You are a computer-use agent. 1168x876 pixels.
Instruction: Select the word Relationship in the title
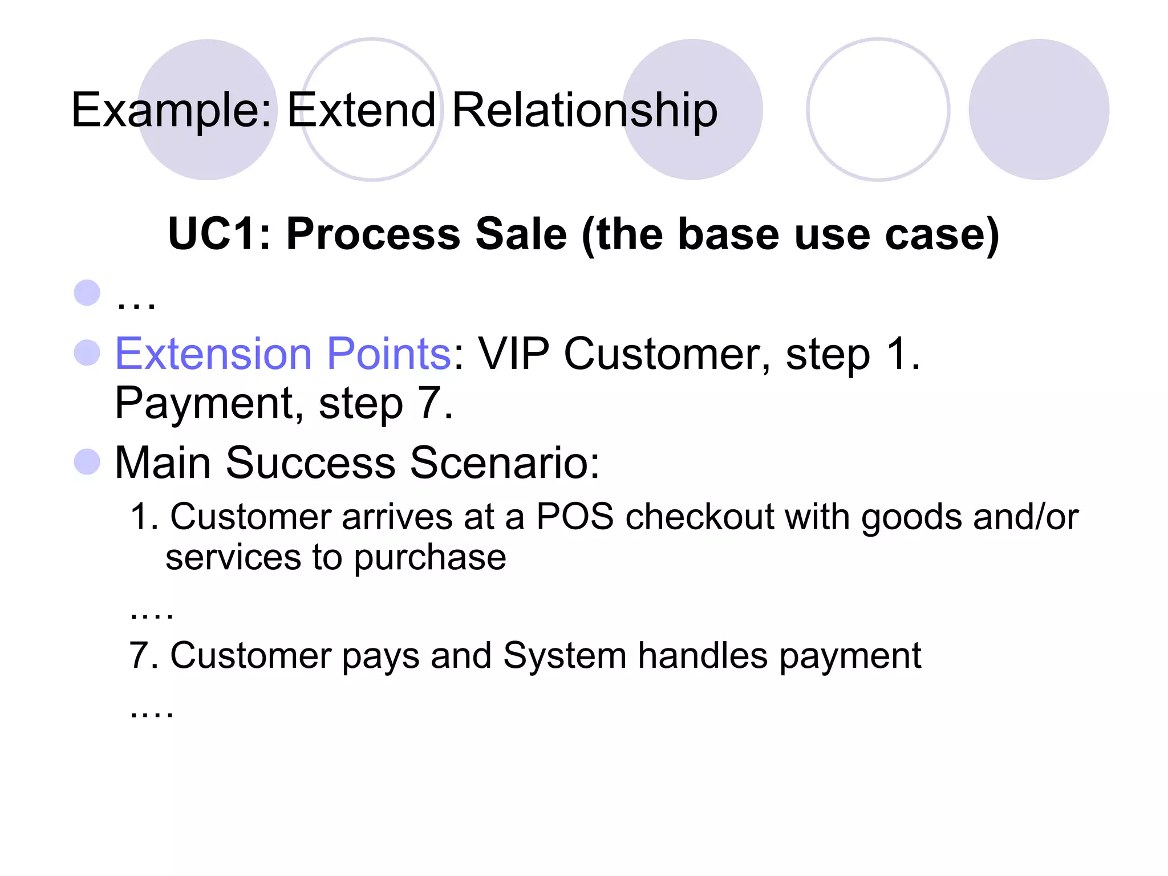(x=585, y=110)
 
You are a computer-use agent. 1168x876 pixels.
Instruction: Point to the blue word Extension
(x=213, y=354)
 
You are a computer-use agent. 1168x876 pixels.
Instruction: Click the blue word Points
(x=390, y=354)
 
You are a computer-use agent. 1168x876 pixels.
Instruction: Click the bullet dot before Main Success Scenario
(x=87, y=461)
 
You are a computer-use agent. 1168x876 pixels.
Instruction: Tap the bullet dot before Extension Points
(x=87, y=352)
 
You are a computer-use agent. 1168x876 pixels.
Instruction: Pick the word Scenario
(x=504, y=463)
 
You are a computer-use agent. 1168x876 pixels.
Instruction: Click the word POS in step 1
(x=575, y=517)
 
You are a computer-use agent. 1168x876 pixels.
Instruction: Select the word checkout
(x=700, y=517)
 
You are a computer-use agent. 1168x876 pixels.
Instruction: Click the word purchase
(x=430, y=558)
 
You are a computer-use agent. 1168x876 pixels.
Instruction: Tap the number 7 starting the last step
(x=139, y=655)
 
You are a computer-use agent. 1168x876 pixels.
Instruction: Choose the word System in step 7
(x=565, y=655)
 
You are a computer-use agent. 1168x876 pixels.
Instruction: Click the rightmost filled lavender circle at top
(x=1039, y=109)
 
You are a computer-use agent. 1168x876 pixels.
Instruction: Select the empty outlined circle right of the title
(x=878, y=109)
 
